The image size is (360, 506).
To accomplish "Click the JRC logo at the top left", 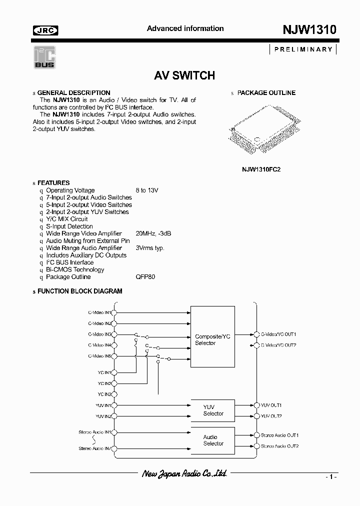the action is point(45,30).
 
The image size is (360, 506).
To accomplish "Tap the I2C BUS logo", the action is point(44,57).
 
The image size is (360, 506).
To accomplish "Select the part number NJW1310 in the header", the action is point(306,29).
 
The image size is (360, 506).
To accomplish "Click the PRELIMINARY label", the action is point(303,49).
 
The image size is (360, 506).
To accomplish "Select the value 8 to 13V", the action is point(147,190).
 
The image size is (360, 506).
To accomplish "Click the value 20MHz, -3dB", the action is point(153,233).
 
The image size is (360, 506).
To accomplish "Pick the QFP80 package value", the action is point(145,277).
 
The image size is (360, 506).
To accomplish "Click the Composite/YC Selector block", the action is point(212,340).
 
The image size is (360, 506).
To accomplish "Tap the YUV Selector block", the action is point(213,410).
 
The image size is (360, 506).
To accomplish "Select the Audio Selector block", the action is point(213,440).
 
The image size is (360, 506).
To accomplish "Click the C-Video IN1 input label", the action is point(99,312).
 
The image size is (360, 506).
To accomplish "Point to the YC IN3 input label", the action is point(104,394).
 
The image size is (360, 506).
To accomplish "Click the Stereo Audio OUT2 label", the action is point(279,446).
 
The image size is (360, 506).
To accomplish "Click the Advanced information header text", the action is point(185,28).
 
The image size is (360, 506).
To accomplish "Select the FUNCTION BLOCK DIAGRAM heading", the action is point(79,291).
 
